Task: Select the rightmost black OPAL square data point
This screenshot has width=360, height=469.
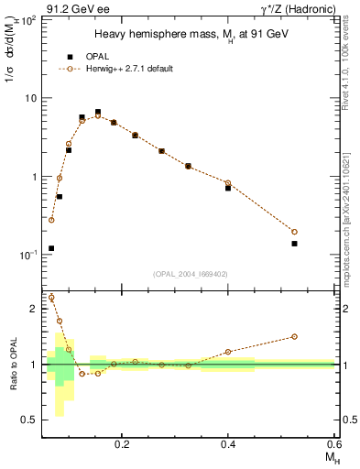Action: click(295, 244)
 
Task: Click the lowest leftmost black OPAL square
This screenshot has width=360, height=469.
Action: click(51, 248)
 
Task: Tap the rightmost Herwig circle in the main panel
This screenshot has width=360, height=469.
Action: click(295, 232)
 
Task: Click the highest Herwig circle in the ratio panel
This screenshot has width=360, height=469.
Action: click(51, 298)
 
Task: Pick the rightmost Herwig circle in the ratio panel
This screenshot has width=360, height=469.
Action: click(295, 336)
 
